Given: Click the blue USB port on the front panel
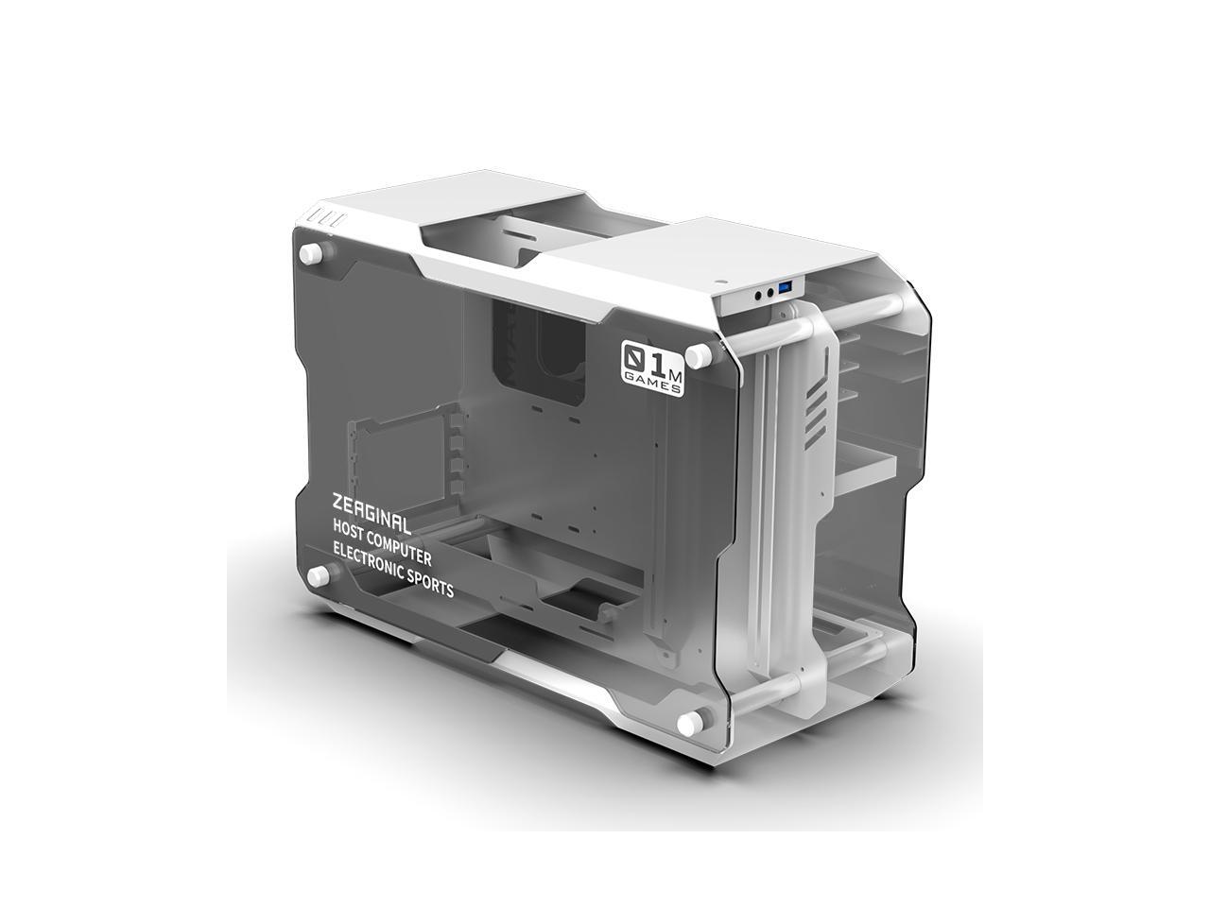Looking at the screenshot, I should (784, 287).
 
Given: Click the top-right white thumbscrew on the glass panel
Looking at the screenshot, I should (698, 356).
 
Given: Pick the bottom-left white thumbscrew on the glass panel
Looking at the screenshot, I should (318, 573).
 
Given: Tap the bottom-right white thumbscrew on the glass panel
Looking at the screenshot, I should (689, 723).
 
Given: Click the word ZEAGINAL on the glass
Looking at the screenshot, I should (371, 511).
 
